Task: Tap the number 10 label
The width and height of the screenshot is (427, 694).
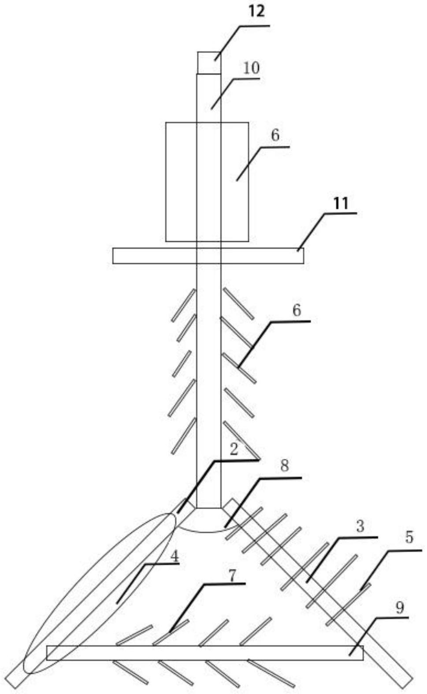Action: click(251, 68)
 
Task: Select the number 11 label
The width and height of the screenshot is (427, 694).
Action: click(341, 203)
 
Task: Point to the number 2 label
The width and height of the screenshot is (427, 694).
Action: click(234, 449)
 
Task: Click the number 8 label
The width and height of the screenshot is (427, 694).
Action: click(284, 465)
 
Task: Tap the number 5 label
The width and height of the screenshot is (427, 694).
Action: click(409, 537)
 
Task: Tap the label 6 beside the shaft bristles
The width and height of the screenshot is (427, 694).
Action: click(297, 310)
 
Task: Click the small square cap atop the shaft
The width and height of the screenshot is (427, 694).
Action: click(209, 63)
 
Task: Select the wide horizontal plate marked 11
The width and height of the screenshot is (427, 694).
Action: click(208, 255)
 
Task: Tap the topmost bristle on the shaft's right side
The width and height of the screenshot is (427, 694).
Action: click(238, 303)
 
